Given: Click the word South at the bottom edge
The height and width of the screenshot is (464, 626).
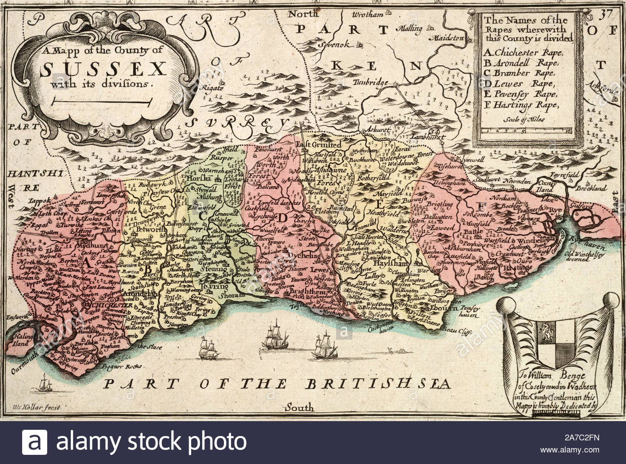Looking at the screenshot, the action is [299, 408].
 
